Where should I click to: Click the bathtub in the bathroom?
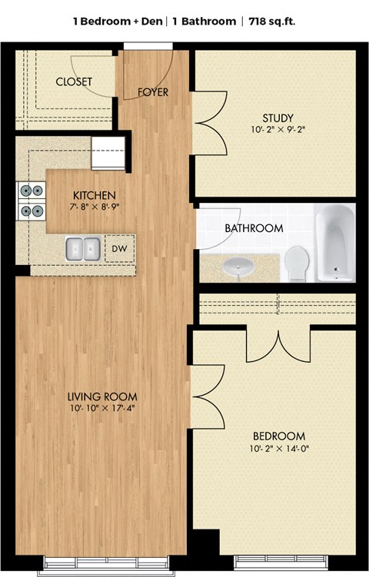tap(335, 243)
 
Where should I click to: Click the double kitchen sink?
tap(84, 249)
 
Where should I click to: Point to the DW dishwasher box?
tap(119, 249)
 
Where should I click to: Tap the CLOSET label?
tap(74, 81)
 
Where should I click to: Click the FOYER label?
tap(153, 93)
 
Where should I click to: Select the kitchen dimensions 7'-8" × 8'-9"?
tap(94, 207)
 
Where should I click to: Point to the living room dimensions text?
tap(102, 409)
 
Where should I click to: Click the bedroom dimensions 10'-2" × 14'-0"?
tap(278, 448)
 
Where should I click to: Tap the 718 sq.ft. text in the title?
tap(271, 22)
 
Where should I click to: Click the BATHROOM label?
tap(254, 228)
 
